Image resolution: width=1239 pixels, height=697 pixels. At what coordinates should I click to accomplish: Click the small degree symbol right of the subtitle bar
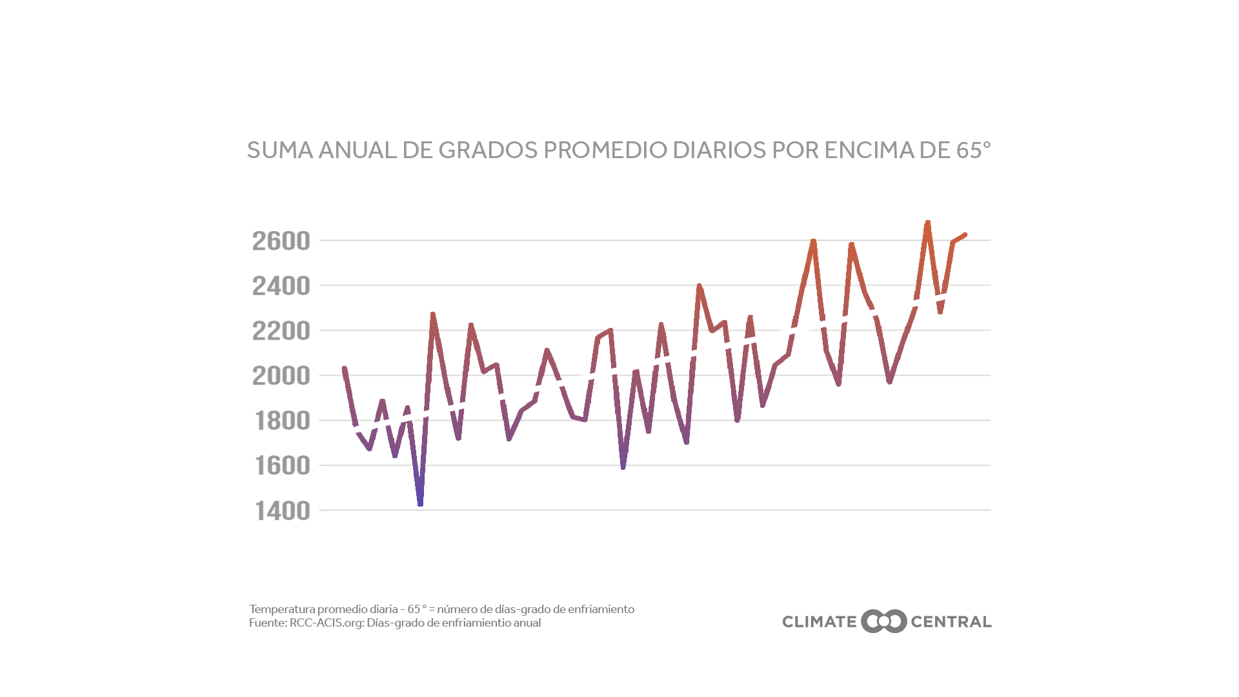987,145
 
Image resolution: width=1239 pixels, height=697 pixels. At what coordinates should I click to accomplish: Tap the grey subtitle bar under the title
613,150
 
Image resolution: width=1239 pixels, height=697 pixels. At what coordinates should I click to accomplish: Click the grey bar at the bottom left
441,617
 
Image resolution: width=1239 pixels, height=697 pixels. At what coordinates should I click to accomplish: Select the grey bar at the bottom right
887,621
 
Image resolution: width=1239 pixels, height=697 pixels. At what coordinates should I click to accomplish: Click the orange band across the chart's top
650,252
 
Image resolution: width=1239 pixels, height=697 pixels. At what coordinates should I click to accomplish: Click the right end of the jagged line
965,234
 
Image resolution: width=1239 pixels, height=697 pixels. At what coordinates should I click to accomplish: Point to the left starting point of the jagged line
345,368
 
